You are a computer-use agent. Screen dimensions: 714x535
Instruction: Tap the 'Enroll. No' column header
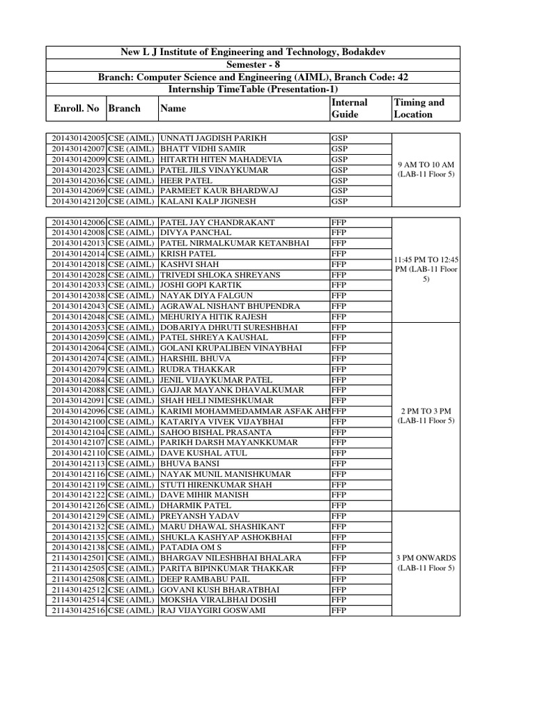click(x=76, y=108)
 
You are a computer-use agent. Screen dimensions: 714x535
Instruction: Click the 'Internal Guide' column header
click(x=349, y=108)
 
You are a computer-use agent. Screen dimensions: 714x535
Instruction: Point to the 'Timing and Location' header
click(x=419, y=108)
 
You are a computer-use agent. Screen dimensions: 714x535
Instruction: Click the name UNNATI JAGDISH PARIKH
click(x=213, y=138)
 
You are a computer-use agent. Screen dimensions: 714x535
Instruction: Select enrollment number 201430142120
click(x=77, y=202)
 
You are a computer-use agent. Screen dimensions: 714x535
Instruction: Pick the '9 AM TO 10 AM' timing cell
click(x=426, y=169)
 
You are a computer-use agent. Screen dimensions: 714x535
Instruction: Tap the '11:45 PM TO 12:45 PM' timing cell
click(x=426, y=269)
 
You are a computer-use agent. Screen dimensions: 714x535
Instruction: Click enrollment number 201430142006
click(x=77, y=222)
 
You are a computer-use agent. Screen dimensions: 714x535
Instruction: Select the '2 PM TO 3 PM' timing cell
click(x=426, y=416)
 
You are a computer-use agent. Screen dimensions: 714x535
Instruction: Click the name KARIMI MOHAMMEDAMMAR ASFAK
click(x=244, y=411)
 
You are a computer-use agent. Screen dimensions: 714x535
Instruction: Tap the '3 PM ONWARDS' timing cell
click(x=426, y=563)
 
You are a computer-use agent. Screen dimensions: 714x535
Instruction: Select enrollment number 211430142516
click(x=77, y=611)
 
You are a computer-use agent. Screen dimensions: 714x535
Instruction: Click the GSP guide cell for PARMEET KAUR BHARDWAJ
click(x=339, y=190)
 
